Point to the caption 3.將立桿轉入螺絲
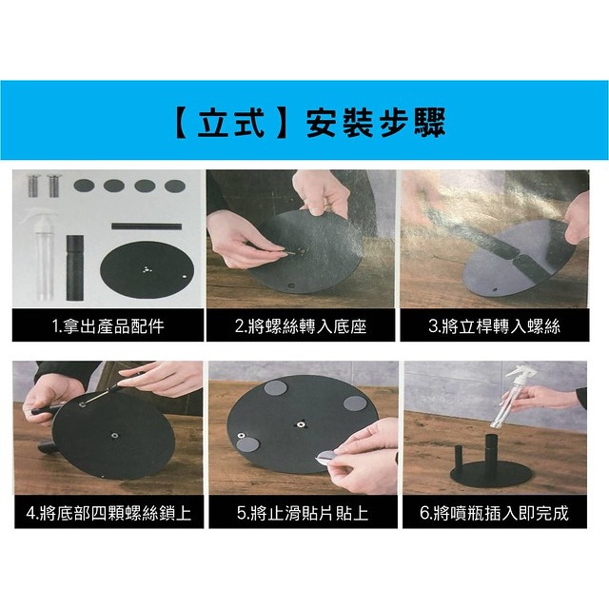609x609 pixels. tap(494, 326)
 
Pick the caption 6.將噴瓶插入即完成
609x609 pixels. tap(494, 514)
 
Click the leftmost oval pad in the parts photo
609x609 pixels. tap(84, 185)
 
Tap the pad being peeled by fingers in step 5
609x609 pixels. tap(328, 458)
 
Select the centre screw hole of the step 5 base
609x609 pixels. tap(301, 422)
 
